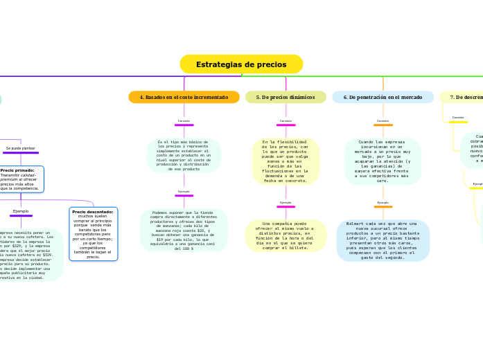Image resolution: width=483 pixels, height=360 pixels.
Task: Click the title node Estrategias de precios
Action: (241, 64)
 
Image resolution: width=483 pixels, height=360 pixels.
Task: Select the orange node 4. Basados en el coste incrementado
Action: (184, 97)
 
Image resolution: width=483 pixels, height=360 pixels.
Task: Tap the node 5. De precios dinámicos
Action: (286, 97)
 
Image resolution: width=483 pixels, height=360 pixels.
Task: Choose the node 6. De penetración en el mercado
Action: (383, 97)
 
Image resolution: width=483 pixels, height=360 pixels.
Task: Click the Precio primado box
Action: (21, 179)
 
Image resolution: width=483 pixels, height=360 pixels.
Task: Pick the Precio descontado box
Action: (93, 233)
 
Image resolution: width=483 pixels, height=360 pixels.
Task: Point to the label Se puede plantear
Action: (21, 148)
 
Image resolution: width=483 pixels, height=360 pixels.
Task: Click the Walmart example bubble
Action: (383, 240)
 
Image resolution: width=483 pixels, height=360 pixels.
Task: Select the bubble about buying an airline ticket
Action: (286, 235)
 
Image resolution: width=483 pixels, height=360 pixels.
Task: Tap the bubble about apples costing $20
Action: (184, 229)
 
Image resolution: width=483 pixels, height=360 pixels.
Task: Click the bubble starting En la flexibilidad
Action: (286, 161)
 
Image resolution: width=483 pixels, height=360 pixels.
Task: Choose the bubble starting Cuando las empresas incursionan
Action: (383, 161)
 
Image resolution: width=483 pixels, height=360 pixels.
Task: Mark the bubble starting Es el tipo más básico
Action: (184, 155)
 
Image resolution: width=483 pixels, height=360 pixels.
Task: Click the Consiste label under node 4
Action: (184, 121)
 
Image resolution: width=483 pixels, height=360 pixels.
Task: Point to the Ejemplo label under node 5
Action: (286, 203)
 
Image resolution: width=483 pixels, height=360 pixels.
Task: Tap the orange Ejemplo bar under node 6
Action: (383, 206)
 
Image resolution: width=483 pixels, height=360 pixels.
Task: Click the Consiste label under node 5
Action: (286, 121)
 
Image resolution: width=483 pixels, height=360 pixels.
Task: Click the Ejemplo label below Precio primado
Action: (21, 211)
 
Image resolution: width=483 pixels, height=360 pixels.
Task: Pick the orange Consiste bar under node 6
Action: (383, 125)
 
